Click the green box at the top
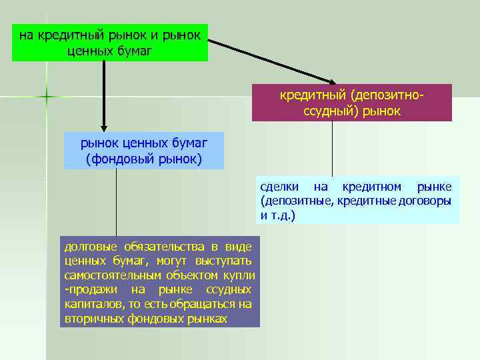pyautogui.click(x=110, y=41)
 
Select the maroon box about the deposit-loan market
pyautogui.click(x=351, y=102)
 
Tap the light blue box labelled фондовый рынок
pyautogui.click(x=144, y=150)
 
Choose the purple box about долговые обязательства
pyautogui.click(x=160, y=281)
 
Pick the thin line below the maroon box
pyautogui.click(x=332, y=148)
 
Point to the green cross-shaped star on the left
pyautogui.click(x=47, y=97)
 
